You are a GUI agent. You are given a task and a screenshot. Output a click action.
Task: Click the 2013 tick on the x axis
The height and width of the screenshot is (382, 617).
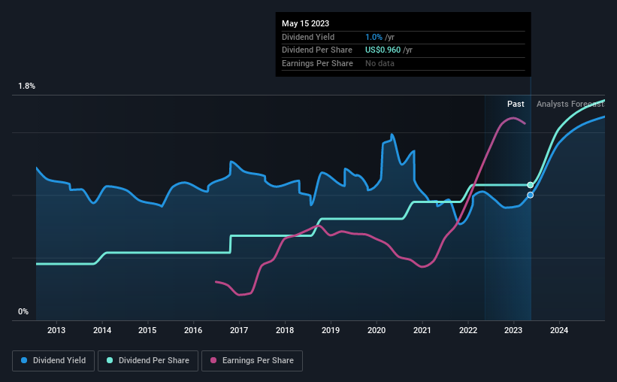coord(56,330)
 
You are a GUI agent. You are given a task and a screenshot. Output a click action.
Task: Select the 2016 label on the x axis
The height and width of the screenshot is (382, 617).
coord(193,330)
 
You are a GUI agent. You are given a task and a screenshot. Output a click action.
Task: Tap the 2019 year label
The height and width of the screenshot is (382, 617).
coord(331,330)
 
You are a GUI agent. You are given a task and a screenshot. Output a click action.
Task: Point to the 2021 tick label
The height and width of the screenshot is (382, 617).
coord(422,330)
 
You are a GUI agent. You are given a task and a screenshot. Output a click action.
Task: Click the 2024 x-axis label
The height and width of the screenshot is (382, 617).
coord(559,330)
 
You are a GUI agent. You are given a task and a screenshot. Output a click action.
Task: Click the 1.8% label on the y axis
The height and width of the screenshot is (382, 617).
coord(26,86)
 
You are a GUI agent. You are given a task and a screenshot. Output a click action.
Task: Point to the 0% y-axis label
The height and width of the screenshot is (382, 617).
coord(23,311)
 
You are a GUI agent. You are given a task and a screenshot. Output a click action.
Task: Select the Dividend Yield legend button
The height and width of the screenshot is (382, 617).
coord(53,361)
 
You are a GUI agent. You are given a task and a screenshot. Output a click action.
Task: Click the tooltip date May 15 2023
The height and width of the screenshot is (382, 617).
coord(305,23)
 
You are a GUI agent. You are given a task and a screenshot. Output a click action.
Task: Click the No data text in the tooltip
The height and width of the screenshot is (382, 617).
coord(380,63)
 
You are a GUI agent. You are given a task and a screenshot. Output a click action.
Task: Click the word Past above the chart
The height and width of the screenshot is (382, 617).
coord(516,105)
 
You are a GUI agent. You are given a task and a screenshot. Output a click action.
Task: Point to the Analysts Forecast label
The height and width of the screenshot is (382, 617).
coord(570,105)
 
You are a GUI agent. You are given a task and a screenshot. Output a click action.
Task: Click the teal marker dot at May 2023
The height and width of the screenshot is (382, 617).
coord(531,185)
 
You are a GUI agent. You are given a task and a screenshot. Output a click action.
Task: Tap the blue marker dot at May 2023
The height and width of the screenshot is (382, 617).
coord(531,195)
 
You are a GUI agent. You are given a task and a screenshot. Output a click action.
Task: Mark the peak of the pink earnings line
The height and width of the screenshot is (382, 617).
coord(513,118)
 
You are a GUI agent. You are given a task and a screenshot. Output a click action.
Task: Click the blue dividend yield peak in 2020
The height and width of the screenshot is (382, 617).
coord(392,135)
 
